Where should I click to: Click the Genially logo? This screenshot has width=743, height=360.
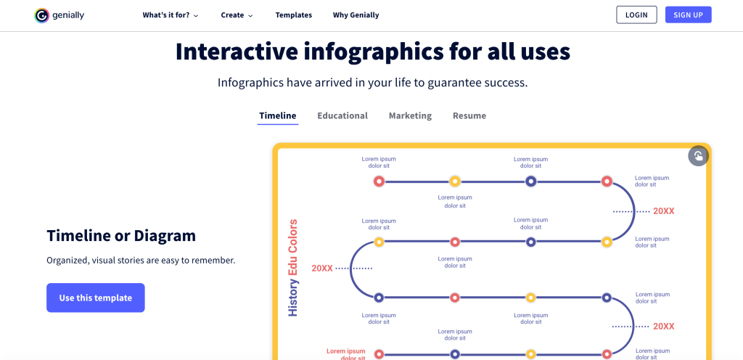(x=59, y=15)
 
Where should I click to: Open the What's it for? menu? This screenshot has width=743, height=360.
(x=170, y=15)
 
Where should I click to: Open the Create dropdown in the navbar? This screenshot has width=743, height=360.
(x=237, y=15)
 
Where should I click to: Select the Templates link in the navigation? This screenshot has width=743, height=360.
(x=293, y=15)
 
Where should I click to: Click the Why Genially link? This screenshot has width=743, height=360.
(x=356, y=15)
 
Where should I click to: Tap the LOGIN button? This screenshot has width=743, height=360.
(x=636, y=15)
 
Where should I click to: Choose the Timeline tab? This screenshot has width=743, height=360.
(x=278, y=116)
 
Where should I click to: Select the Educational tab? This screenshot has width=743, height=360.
(x=342, y=116)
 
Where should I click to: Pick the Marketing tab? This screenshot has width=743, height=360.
(x=410, y=116)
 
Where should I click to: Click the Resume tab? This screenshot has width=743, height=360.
(x=469, y=116)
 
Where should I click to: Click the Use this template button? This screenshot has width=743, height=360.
(x=96, y=298)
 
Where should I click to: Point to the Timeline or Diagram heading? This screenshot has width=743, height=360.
(x=121, y=236)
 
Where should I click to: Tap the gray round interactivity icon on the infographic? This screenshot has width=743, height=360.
(x=697, y=156)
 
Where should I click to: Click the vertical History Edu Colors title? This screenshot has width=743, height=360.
(x=293, y=267)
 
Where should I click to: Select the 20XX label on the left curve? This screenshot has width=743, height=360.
(x=322, y=269)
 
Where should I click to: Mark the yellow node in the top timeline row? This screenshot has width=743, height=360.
(x=454, y=181)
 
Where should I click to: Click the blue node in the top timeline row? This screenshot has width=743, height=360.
(x=530, y=181)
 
